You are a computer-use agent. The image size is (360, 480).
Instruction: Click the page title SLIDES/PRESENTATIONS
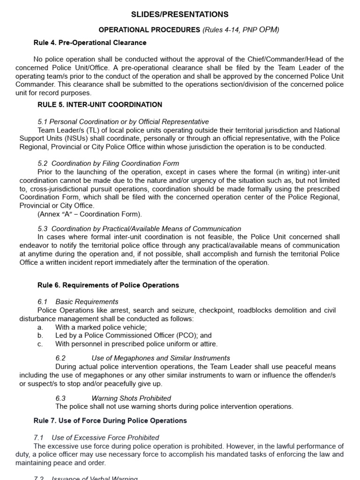pos(180,15)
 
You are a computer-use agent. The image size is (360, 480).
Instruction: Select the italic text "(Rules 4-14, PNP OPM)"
pos(240,30)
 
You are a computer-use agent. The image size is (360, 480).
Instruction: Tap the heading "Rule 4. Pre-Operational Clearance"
pos(90,43)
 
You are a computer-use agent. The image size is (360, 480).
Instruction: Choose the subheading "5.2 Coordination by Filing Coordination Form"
pos(108,164)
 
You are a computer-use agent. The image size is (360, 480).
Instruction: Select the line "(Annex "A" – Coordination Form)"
pos(89,214)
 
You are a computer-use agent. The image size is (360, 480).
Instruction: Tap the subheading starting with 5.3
pos(139,229)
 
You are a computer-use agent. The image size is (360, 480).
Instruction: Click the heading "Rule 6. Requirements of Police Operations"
pos(108,285)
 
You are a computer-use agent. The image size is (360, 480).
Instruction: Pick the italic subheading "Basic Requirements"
pos(87,302)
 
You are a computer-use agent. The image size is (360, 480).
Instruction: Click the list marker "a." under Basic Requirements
pos(40,327)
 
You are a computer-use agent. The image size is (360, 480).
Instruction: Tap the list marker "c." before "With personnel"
pos(40,344)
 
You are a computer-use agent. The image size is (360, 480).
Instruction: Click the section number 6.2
pos(60,358)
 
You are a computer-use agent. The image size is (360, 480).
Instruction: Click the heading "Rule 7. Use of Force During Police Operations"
pos(110,420)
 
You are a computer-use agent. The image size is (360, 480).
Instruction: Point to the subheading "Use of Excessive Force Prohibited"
pos(105,437)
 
